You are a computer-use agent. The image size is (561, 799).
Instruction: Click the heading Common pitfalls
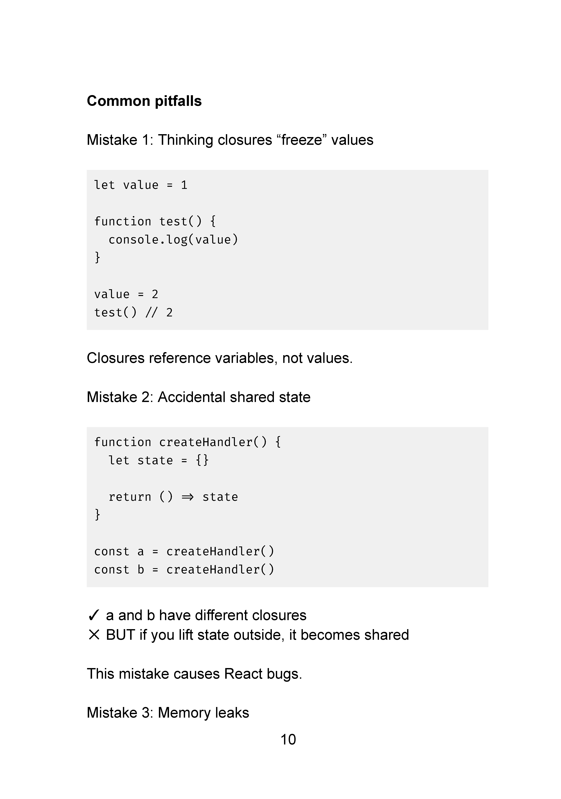pyautogui.click(x=144, y=101)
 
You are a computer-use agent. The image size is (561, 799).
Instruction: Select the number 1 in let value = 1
pyautogui.click(x=184, y=185)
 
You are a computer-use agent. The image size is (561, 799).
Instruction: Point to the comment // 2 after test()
pyautogui.click(x=159, y=313)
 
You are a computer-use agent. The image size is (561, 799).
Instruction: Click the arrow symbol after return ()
pyautogui.click(x=188, y=497)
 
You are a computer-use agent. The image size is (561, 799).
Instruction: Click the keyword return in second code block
pyautogui.click(x=130, y=497)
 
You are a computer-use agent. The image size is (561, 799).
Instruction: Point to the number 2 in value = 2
pyautogui.click(x=155, y=294)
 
